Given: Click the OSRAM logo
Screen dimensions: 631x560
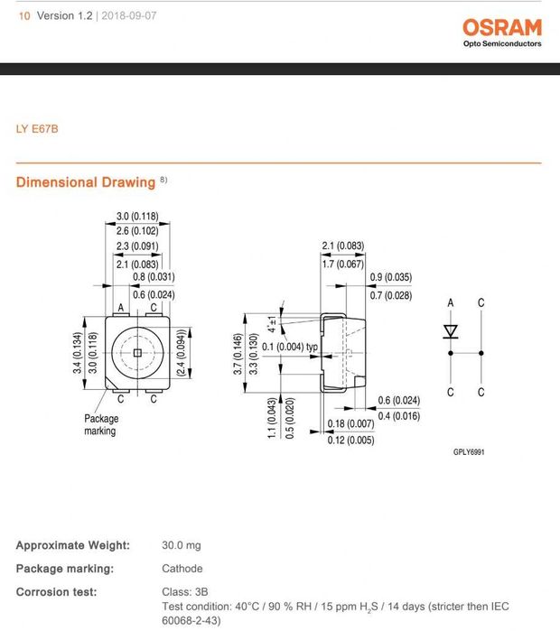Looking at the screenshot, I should (x=502, y=27).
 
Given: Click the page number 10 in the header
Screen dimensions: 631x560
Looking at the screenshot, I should (x=23, y=16).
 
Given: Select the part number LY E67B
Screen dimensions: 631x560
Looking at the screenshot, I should (x=36, y=128).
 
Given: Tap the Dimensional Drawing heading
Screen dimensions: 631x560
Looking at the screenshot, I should (x=86, y=182).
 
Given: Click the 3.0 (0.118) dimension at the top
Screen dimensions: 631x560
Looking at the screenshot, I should (x=137, y=216).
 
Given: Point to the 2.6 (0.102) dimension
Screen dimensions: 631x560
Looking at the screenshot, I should (x=137, y=231).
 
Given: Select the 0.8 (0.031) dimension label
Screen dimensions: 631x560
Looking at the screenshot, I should (x=154, y=277).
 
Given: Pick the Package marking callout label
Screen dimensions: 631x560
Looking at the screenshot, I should (x=101, y=425).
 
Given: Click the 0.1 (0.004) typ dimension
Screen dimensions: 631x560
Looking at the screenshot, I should (x=290, y=347).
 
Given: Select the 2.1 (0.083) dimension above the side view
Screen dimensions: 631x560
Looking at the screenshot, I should (x=343, y=246).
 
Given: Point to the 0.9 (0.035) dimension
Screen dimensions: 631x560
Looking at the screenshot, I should (x=391, y=277).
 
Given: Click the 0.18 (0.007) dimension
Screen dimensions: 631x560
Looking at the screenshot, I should (x=350, y=423).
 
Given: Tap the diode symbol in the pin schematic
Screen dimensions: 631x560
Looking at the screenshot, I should (x=451, y=332).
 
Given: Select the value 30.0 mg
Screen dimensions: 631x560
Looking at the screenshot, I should (x=181, y=545).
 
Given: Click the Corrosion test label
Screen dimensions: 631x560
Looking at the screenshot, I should (x=56, y=592).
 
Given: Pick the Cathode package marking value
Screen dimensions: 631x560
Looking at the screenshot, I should (x=182, y=569).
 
